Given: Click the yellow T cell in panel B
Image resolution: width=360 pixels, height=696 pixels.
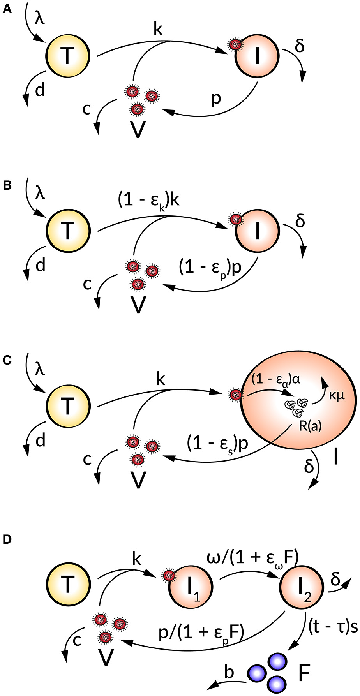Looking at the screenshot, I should tap(68, 230).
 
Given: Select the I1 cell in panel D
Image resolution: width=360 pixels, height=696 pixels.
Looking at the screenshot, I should tap(191, 587).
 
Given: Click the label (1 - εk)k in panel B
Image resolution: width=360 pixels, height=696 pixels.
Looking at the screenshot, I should tap(148, 202).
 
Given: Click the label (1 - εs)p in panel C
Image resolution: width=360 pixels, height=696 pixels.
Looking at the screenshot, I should tap(217, 444).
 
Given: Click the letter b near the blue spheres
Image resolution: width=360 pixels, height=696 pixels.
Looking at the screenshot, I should tap(230, 661).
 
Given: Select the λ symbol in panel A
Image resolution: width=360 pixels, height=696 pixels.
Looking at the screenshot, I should tap(40, 18).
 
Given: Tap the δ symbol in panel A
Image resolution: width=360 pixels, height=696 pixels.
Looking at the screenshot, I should tap(300, 46).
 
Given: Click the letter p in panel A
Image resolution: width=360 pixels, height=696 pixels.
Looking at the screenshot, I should tap(215, 99).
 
